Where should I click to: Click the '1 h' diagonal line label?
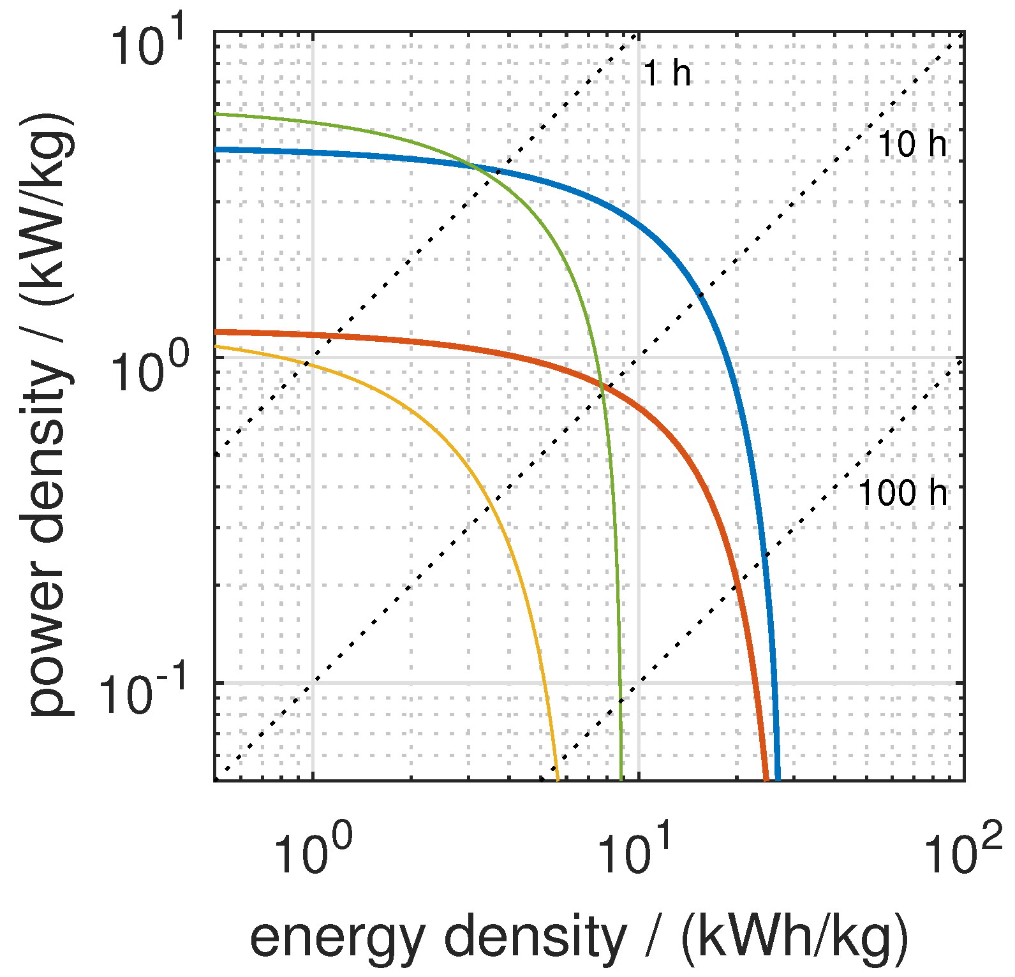pyautogui.click(x=667, y=73)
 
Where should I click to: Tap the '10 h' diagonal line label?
pyautogui.click(x=912, y=144)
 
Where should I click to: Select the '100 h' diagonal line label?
pyautogui.click(x=903, y=493)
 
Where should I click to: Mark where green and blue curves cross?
pyautogui.click(x=475, y=167)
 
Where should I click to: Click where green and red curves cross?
pyautogui.click(x=601, y=385)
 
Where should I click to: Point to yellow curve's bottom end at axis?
pyautogui.click(x=558, y=779)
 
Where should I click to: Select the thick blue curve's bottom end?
pyautogui.click(x=777, y=778)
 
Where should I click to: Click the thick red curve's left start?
pyautogui.click(x=216, y=332)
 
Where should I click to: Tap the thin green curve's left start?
pyautogui.click(x=216, y=114)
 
